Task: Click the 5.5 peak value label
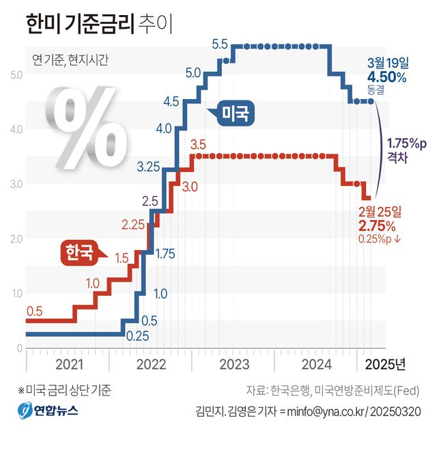(220, 45)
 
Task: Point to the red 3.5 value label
(198, 145)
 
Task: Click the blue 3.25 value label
(148, 166)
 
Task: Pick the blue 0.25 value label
(138, 336)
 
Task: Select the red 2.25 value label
(134, 224)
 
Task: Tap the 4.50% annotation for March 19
(386, 77)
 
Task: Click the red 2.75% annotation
(376, 226)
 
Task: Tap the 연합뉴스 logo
(48, 411)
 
